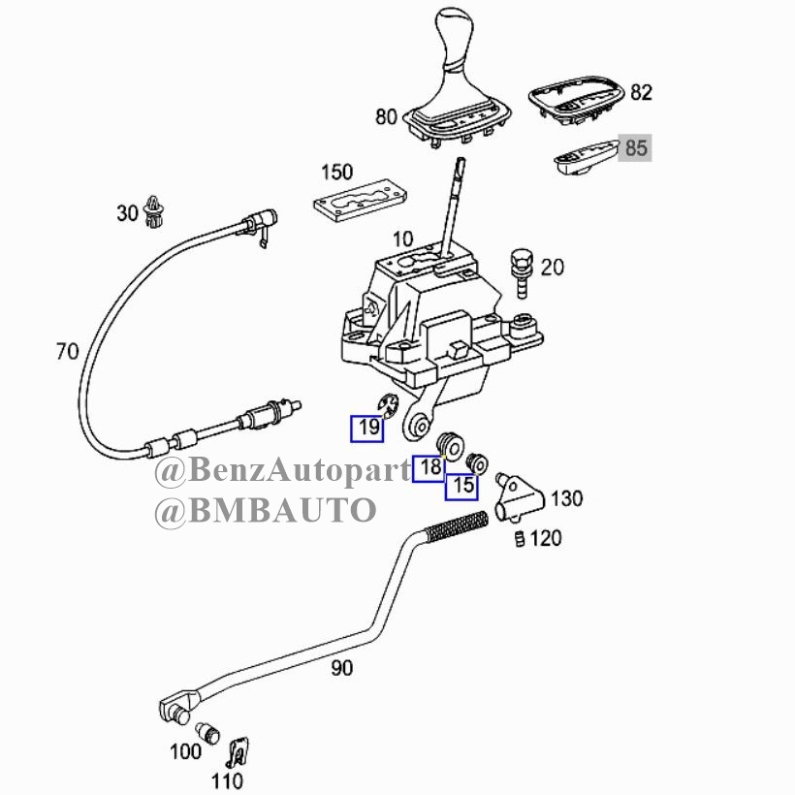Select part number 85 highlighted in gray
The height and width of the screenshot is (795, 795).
[635, 148]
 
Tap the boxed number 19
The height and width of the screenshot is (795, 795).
[367, 429]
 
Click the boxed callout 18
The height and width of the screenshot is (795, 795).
[429, 468]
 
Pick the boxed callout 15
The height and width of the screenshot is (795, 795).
[461, 487]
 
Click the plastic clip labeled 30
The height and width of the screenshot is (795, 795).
[155, 211]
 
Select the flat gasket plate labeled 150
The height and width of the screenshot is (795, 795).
[360, 201]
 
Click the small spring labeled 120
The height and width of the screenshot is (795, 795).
[520, 538]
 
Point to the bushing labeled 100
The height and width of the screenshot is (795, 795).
[207, 732]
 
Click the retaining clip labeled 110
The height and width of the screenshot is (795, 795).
[238, 753]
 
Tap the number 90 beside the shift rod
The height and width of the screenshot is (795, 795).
[341, 668]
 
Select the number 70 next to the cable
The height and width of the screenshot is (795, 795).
[68, 351]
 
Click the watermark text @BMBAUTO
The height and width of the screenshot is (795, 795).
[266, 510]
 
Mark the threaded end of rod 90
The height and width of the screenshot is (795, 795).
[457, 526]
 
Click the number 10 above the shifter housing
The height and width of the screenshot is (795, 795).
[403, 238]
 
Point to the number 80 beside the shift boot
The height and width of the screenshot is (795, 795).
[386, 116]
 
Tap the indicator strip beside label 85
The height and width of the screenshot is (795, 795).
[587, 158]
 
